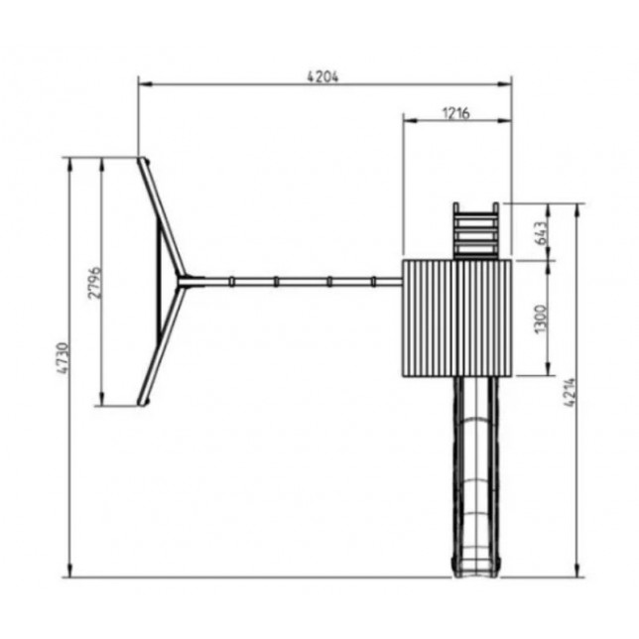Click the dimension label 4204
point(322,76)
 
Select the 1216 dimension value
point(456,113)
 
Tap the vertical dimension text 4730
point(64,358)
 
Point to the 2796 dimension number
point(94,283)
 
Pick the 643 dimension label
point(541,233)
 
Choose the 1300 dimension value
point(540,319)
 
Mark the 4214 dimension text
point(571,392)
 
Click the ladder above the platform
point(476,231)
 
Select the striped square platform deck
point(456,319)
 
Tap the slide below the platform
point(475,477)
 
